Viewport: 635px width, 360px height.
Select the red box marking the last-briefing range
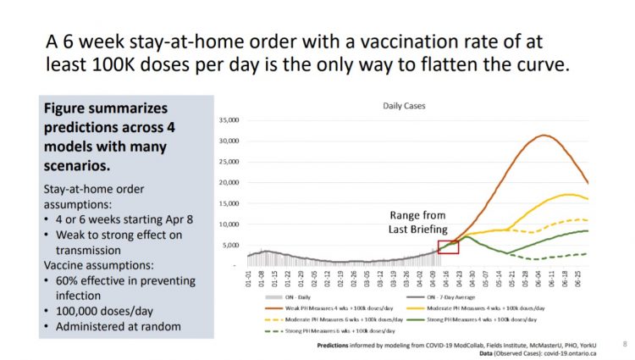click(x=448, y=247)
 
